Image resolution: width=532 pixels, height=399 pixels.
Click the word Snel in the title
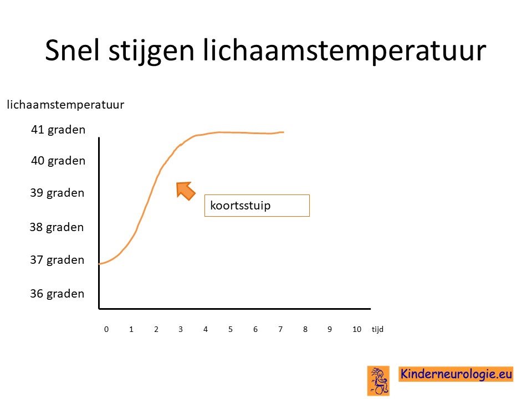(x=73, y=50)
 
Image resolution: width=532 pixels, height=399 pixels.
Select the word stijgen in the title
(x=151, y=52)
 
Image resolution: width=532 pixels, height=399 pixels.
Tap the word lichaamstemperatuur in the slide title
(x=345, y=51)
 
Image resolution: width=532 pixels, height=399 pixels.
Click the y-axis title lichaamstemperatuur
(x=65, y=105)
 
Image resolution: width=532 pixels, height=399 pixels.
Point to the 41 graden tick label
(x=58, y=130)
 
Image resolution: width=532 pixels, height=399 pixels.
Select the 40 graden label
(x=58, y=161)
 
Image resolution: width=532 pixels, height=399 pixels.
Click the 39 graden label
(x=57, y=193)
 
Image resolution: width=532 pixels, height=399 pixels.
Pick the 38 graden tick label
(x=57, y=227)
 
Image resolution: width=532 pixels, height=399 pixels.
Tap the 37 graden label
(x=57, y=260)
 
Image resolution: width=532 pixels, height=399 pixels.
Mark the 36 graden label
(x=57, y=294)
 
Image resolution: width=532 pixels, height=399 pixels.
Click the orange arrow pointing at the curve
(x=185, y=191)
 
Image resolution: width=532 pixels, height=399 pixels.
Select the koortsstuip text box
(x=257, y=206)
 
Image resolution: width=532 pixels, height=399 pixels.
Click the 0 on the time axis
(x=106, y=329)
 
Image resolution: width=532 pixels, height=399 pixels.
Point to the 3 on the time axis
(x=181, y=329)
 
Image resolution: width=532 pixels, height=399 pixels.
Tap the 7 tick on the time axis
(x=280, y=329)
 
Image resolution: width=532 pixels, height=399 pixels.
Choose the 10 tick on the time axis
(x=357, y=329)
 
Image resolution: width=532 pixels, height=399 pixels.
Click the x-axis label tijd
(x=377, y=329)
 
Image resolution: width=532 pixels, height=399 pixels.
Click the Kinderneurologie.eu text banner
(x=456, y=374)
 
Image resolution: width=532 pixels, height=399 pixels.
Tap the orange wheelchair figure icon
(x=378, y=381)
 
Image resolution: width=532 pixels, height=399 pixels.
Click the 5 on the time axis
(x=231, y=329)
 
